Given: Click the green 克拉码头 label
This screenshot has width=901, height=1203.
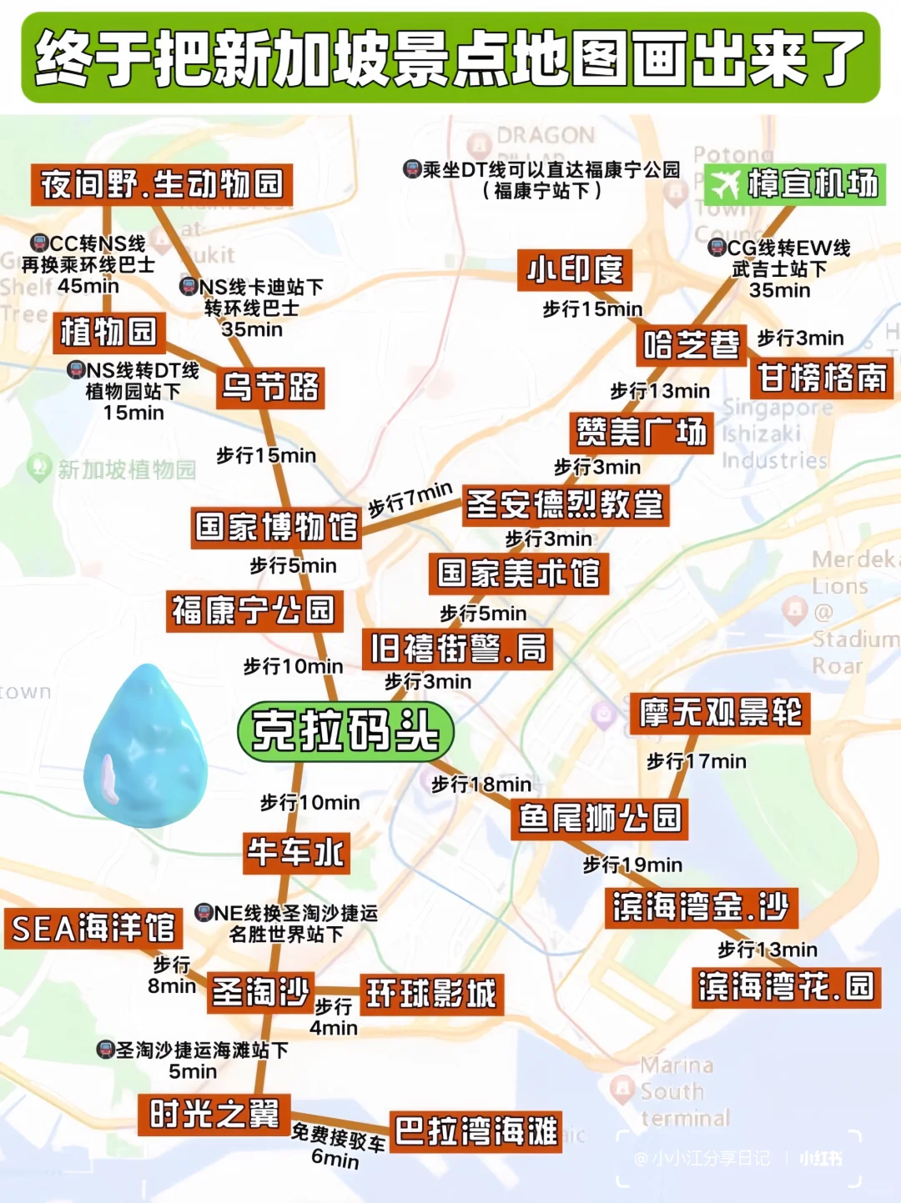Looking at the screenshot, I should [345, 731].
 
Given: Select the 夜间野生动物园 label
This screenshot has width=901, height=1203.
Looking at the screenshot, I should [162, 184].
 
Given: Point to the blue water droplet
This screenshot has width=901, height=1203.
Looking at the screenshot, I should [145, 747].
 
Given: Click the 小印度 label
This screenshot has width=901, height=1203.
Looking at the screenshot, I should [574, 270].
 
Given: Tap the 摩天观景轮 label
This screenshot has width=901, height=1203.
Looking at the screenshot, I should [719, 713].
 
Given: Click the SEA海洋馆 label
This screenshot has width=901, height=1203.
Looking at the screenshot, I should [93, 928].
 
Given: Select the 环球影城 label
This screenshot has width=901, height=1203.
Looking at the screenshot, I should [431, 994].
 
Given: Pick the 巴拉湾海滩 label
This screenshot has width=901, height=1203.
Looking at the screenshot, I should [476, 1131].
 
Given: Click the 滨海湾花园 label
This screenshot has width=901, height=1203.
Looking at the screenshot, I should [785, 987].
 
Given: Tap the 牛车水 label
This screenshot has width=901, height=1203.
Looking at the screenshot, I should [295, 852].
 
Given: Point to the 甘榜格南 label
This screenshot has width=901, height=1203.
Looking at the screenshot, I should [822, 378].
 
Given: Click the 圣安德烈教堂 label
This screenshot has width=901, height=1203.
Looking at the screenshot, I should [565, 504].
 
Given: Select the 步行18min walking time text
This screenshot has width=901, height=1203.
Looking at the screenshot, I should [481, 784].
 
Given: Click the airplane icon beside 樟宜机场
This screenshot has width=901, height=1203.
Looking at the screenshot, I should [724, 184].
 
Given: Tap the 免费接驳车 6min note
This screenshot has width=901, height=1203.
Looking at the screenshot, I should [338, 1145].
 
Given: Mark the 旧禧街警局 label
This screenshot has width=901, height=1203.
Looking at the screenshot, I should [457, 649].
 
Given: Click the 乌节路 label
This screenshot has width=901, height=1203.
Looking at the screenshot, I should [269, 387].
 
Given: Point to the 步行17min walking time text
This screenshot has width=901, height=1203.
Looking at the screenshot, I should [696, 761].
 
